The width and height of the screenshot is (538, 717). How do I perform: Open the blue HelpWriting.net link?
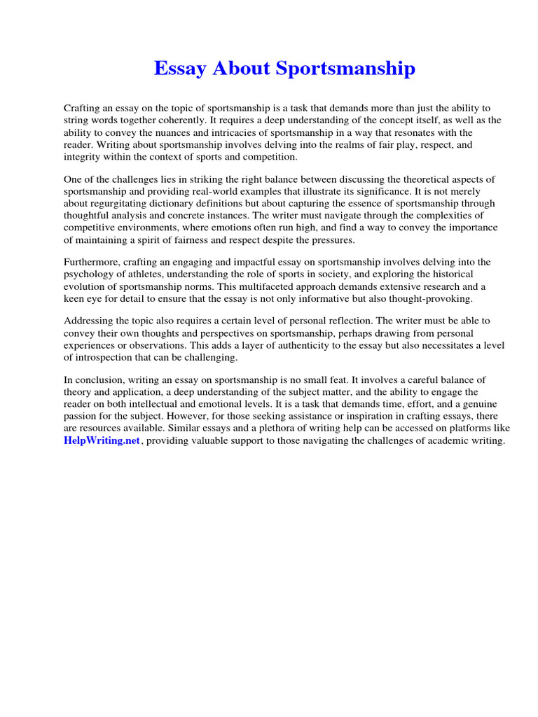(x=102, y=440)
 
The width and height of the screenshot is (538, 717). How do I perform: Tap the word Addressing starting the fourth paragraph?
(x=88, y=321)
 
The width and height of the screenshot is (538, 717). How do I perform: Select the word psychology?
(x=90, y=274)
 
